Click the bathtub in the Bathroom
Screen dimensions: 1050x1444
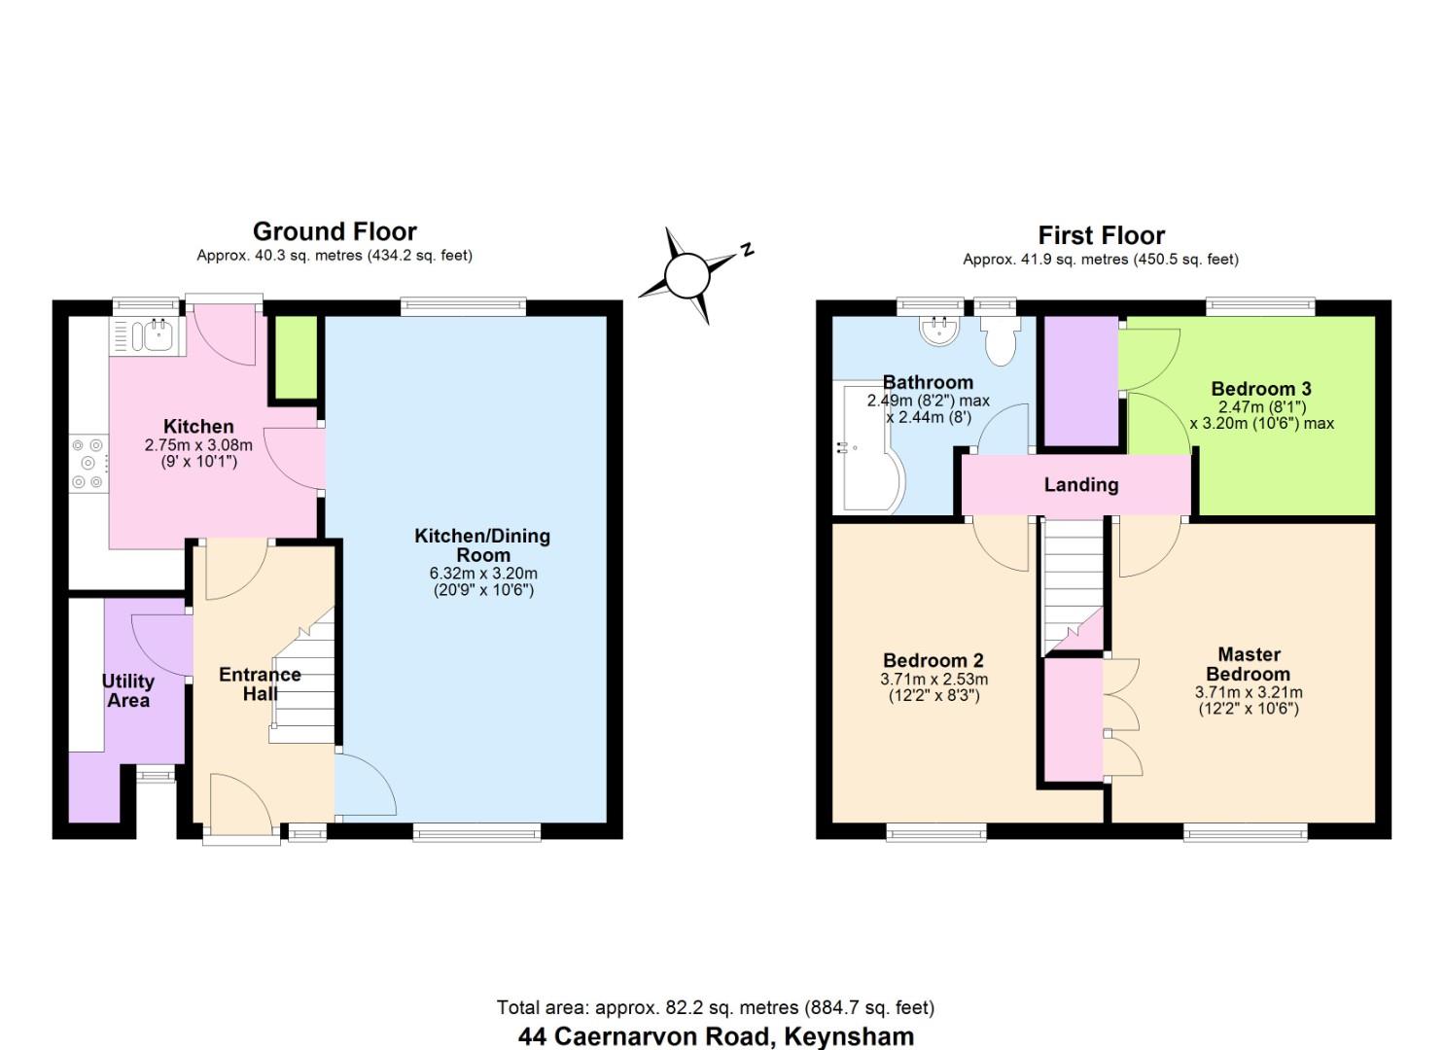tap(871, 447)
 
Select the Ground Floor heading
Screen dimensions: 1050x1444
tap(335, 231)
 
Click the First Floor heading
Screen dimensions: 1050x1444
tap(1101, 235)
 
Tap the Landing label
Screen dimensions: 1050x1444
tap(1080, 484)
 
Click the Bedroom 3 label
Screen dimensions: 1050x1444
tap(1261, 389)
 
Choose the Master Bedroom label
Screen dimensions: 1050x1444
tap(1249, 664)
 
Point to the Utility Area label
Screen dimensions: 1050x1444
tap(128, 690)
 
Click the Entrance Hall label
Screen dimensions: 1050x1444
tap(260, 683)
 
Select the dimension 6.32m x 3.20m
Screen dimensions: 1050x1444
tap(482, 574)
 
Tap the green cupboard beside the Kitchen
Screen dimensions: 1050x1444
tap(296, 357)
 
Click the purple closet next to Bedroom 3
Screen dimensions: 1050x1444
tap(1079, 381)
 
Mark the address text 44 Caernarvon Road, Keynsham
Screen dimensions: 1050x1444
tap(716, 1036)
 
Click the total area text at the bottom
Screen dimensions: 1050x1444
tap(716, 1007)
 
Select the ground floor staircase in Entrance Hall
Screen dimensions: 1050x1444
tap(304, 681)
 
